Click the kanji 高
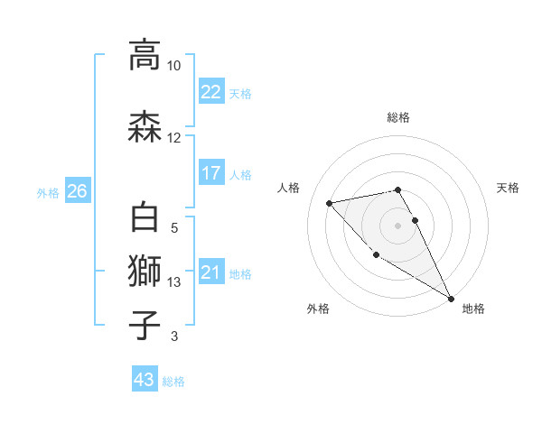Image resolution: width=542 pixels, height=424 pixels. point(145,54)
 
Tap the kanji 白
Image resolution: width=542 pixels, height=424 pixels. point(145,219)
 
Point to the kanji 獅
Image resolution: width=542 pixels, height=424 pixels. point(145,272)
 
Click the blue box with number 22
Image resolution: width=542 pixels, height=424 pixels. point(210,92)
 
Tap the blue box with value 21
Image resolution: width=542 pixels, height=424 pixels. point(210,272)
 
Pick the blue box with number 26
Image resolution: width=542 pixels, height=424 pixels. point(77,191)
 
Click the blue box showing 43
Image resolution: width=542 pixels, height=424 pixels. point(144,380)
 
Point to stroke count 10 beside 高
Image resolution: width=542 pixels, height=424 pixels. point(173,66)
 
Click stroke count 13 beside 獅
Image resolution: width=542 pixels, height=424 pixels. point(174,282)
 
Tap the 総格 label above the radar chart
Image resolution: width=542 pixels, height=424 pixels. point(397,118)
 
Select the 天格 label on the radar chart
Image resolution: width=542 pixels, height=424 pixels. point(508,188)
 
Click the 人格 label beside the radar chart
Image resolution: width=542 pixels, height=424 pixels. point(289,188)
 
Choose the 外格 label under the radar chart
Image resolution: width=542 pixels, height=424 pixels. point(318,309)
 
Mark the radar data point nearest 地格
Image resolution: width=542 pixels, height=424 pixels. point(451,298)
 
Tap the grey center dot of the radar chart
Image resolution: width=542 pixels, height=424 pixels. point(397,225)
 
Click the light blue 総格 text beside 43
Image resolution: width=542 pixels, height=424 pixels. point(173,382)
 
